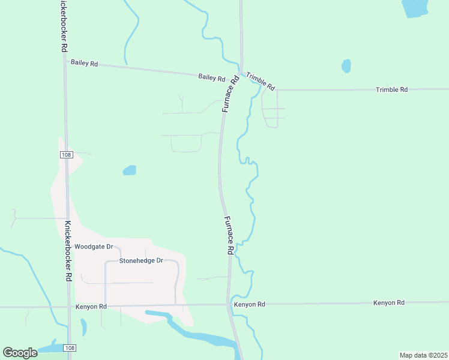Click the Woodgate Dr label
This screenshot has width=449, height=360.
pos(94,247)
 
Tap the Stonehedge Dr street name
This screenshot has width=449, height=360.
pos(141,260)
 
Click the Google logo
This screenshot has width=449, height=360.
pos(20,353)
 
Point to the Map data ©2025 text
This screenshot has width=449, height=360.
pos(423,355)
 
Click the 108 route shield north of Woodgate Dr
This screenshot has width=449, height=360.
pos(66,155)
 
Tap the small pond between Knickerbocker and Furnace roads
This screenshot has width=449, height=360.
pos(129,170)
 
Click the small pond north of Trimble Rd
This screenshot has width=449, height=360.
pos(346,66)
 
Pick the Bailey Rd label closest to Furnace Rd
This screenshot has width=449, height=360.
pos(212,77)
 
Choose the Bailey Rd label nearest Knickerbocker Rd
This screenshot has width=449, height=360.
pos(84,62)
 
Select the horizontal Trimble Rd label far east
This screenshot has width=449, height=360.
pos(391,89)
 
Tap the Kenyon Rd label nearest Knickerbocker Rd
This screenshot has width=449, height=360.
pos(91,307)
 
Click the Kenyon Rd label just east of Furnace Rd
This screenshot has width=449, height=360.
pos(250,304)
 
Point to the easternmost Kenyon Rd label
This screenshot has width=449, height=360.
pos(388,303)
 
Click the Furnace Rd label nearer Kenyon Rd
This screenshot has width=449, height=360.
pos(229,236)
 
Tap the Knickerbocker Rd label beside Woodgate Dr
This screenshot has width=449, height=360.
pos(68,253)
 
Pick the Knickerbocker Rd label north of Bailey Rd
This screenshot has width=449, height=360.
pos(63,27)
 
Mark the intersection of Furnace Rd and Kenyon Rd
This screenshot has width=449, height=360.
pos(229,304)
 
